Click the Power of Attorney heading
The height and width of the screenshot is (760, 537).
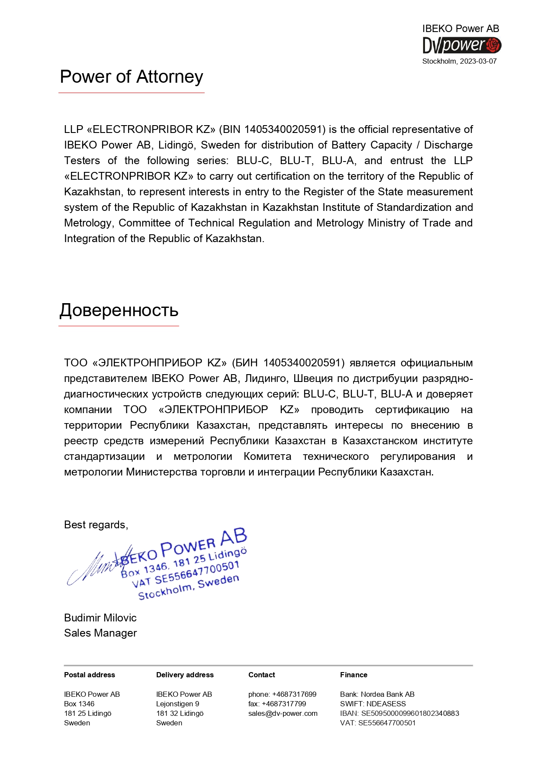click(x=131, y=77)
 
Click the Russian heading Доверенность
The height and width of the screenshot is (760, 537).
click(x=119, y=310)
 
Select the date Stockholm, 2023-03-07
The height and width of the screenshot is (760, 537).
click(x=459, y=61)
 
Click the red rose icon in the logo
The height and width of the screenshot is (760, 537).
click(x=493, y=45)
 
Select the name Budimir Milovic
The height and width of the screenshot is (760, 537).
click(x=100, y=618)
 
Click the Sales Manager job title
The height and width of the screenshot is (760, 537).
click(x=100, y=633)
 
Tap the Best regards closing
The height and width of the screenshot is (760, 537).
click(x=96, y=525)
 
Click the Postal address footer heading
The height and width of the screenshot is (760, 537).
click(x=89, y=675)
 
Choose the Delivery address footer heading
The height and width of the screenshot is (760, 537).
click(x=185, y=675)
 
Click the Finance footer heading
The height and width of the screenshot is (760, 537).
click(x=354, y=675)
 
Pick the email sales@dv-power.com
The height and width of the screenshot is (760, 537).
click(x=283, y=713)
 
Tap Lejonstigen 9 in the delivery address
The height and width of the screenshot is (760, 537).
click(x=177, y=704)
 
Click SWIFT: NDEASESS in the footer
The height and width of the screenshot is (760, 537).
click(x=373, y=704)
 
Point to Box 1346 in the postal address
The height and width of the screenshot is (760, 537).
click(x=79, y=704)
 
